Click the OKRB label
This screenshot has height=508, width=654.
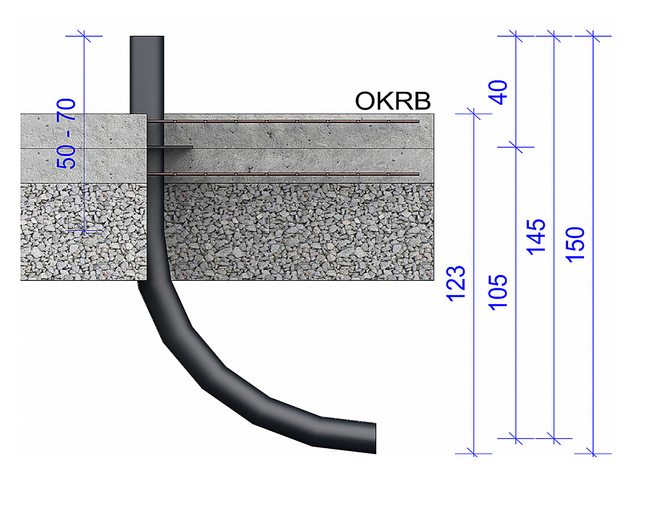click(393, 101)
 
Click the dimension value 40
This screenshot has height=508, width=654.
click(498, 93)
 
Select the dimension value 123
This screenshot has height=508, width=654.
click(456, 284)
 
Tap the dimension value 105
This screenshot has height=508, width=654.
click(498, 293)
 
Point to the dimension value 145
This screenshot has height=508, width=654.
click(536, 237)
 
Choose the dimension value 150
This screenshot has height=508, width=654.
click(575, 245)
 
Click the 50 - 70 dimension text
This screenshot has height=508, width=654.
click(66, 134)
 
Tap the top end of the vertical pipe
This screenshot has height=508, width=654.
click(147, 37)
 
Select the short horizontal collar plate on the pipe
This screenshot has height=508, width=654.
click(170, 147)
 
